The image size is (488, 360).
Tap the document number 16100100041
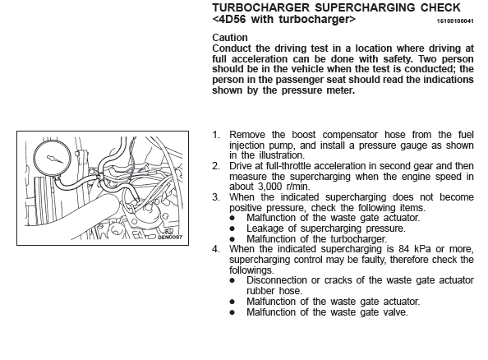[x=455, y=21]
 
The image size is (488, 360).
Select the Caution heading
[x=230, y=38]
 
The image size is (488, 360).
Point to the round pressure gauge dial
[x=52, y=159]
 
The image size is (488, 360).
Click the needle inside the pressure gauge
[x=55, y=159]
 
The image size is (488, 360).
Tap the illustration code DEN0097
[x=170, y=238]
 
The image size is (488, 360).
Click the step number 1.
[x=216, y=135]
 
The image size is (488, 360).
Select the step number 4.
[x=216, y=249]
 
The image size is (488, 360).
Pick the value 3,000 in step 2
[x=270, y=187]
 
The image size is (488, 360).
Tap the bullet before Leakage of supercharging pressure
[x=232, y=228]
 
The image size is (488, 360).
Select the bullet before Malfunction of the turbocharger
[x=232, y=239]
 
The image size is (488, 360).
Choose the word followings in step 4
[x=251, y=270]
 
